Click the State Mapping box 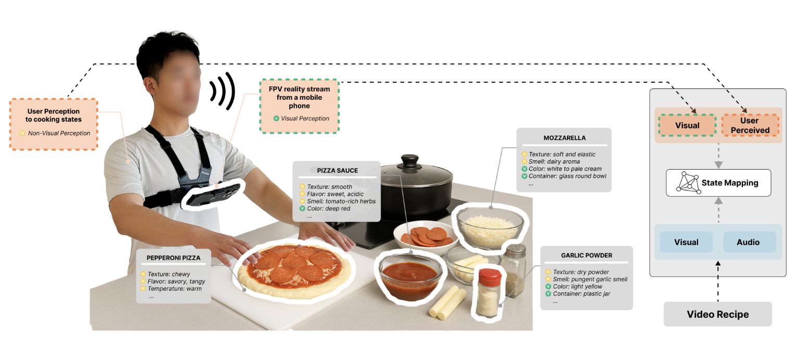tap(718, 183)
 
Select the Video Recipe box tap(717, 314)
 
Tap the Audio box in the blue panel tap(748, 242)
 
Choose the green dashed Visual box tap(687, 125)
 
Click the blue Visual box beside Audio tap(686, 242)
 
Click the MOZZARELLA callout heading tap(564, 138)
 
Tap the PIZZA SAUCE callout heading tap(337, 171)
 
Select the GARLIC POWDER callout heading tap(586, 255)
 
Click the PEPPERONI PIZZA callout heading tap(173, 258)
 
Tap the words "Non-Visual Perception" tap(59, 133)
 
